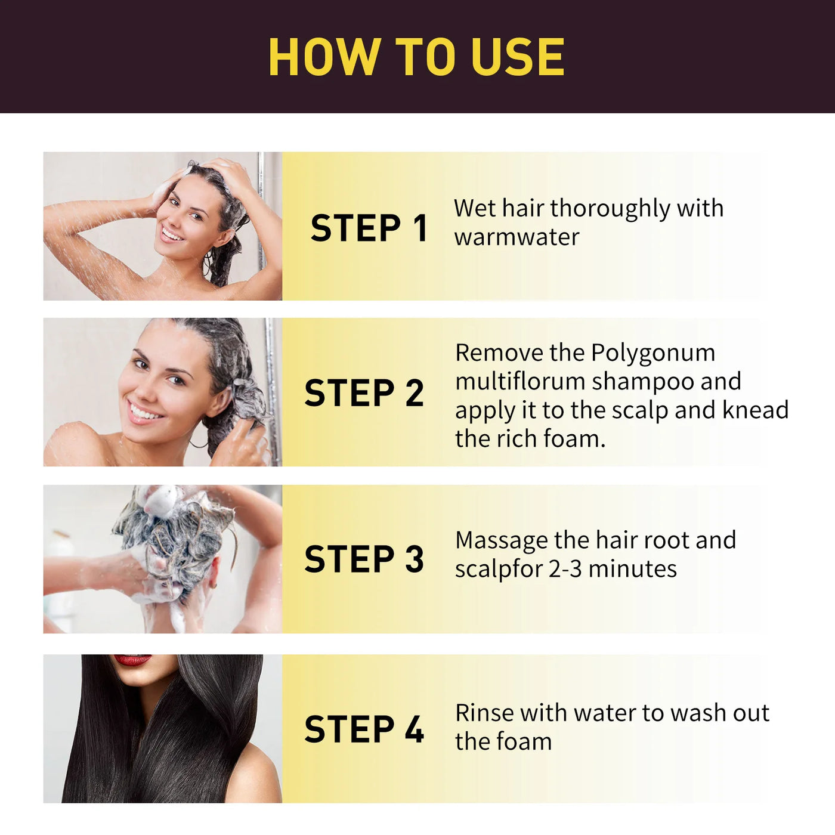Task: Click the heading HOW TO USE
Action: point(416,57)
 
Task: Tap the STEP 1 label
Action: point(369,228)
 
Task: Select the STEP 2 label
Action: point(364,393)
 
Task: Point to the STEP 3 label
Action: point(364,559)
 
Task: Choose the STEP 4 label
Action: point(364,729)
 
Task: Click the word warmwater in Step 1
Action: point(517,237)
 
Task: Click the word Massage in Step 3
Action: point(501,541)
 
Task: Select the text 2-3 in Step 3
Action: point(565,569)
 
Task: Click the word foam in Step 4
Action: point(524,742)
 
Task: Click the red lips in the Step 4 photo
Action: point(132,660)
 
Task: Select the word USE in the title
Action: point(517,57)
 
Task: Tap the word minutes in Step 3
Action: point(632,569)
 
